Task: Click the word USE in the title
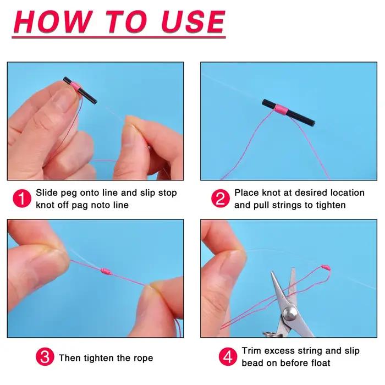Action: [193, 21]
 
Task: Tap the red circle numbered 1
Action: [22, 199]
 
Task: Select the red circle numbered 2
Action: [220, 199]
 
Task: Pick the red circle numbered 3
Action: [45, 356]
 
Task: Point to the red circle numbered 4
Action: [228, 356]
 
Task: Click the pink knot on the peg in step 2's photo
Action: [281, 110]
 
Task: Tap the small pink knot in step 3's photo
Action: [106, 271]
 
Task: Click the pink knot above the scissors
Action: [326, 267]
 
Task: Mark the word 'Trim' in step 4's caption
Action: [251, 351]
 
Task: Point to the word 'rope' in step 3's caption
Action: [143, 359]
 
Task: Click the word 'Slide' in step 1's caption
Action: [47, 193]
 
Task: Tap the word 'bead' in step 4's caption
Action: [252, 363]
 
